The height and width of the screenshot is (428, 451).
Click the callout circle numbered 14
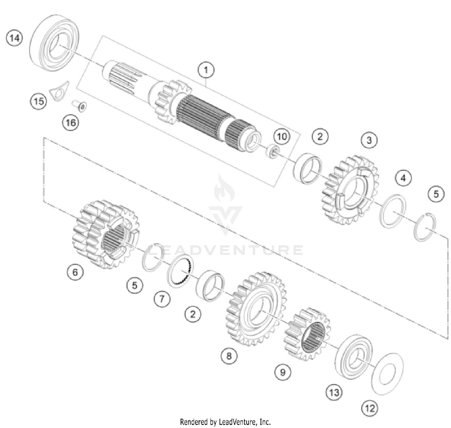(14, 38)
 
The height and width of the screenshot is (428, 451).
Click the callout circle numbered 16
(70, 123)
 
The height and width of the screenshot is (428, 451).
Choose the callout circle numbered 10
(281, 136)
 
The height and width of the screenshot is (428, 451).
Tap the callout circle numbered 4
(403, 178)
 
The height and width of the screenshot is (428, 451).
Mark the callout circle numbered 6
(75, 273)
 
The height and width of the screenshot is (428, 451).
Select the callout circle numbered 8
(228, 356)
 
